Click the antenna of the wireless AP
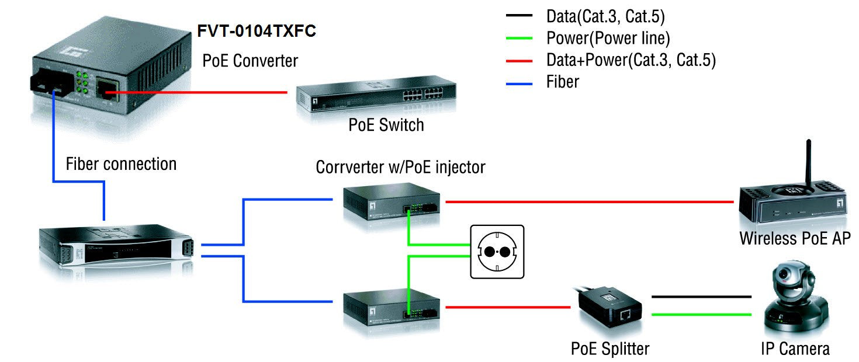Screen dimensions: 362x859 [x=808, y=163]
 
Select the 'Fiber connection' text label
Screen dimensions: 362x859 [x=121, y=164]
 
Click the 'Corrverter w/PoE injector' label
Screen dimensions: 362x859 [x=400, y=168]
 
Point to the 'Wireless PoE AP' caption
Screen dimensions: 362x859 [x=795, y=239]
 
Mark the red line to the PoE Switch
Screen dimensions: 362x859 [x=199, y=92]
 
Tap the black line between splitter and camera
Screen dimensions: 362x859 [x=701, y=297]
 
